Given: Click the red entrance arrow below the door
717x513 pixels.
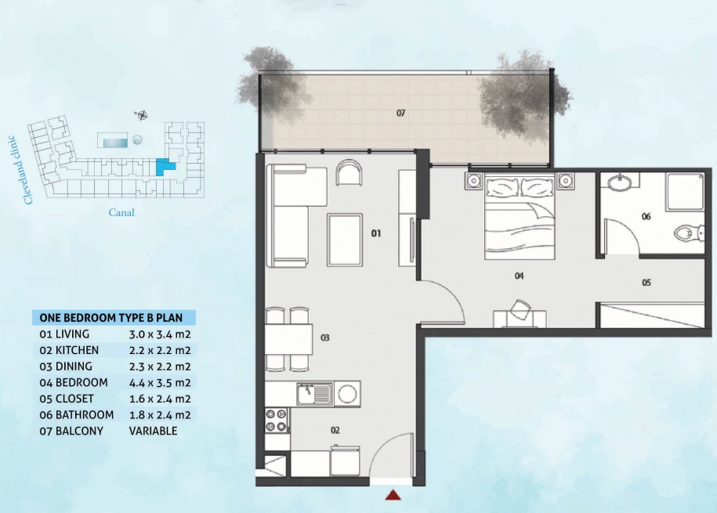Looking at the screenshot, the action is point(393,495).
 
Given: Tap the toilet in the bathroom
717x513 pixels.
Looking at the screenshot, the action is point(689,233).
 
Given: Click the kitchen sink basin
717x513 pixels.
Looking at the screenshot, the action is point(313,394).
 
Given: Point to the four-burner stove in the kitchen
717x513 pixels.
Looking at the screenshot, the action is point(276,420).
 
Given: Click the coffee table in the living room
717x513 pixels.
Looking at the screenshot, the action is point(345,240).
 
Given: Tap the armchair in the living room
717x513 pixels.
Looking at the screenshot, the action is point(349,172).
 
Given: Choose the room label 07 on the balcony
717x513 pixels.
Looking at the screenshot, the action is point(400,113).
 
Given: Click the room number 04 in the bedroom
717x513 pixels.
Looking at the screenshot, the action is point(519,276).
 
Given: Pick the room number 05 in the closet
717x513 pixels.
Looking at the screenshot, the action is point(646,283).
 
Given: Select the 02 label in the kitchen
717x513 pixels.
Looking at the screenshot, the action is point(335,430).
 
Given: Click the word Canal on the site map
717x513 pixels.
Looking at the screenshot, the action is point(121,212).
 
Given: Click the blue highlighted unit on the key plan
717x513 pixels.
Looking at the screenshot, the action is point(165,167).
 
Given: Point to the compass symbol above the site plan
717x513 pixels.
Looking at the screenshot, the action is point(141,115).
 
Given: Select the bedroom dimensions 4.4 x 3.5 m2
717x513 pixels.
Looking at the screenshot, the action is point(160,383).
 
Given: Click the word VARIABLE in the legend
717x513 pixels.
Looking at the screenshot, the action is point(153,431).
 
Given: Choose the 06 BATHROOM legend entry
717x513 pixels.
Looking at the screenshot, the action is point(76,414).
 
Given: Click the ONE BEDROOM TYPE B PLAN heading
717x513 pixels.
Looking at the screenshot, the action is point(110,318).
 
